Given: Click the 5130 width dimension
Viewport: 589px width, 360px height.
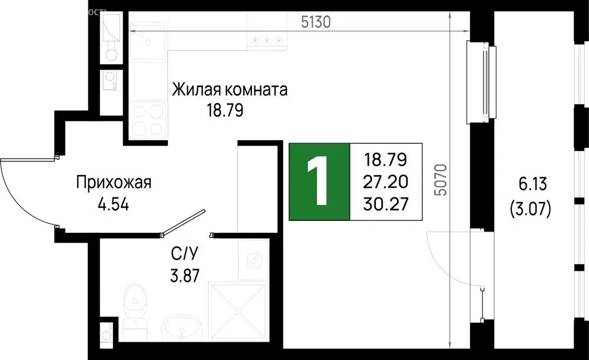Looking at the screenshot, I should tap(316, 23).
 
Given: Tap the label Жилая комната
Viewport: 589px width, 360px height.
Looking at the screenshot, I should tap(230, 90).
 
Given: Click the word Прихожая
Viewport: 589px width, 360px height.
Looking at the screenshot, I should tap(114, 183).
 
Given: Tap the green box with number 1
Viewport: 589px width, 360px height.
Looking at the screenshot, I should tap(319, 181).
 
